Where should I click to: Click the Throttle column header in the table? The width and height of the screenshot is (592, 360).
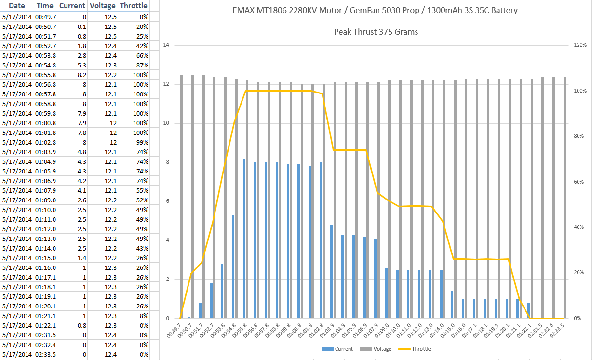point(134,6)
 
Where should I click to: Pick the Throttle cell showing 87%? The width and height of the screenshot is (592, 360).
point(134,65)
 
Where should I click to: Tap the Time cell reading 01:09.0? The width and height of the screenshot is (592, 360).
point(46,200)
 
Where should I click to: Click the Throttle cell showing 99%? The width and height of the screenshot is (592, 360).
point(134,142)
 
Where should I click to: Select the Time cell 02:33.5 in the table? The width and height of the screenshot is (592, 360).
point(46,354)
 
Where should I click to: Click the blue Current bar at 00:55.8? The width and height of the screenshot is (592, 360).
point(245,238)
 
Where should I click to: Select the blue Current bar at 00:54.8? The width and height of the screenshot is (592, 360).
point(234,267)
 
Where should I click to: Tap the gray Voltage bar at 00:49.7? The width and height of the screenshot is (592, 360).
point(181,196)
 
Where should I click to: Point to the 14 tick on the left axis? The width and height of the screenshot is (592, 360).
point(166,45)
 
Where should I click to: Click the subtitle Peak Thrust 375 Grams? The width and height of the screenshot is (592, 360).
point(376,32)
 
